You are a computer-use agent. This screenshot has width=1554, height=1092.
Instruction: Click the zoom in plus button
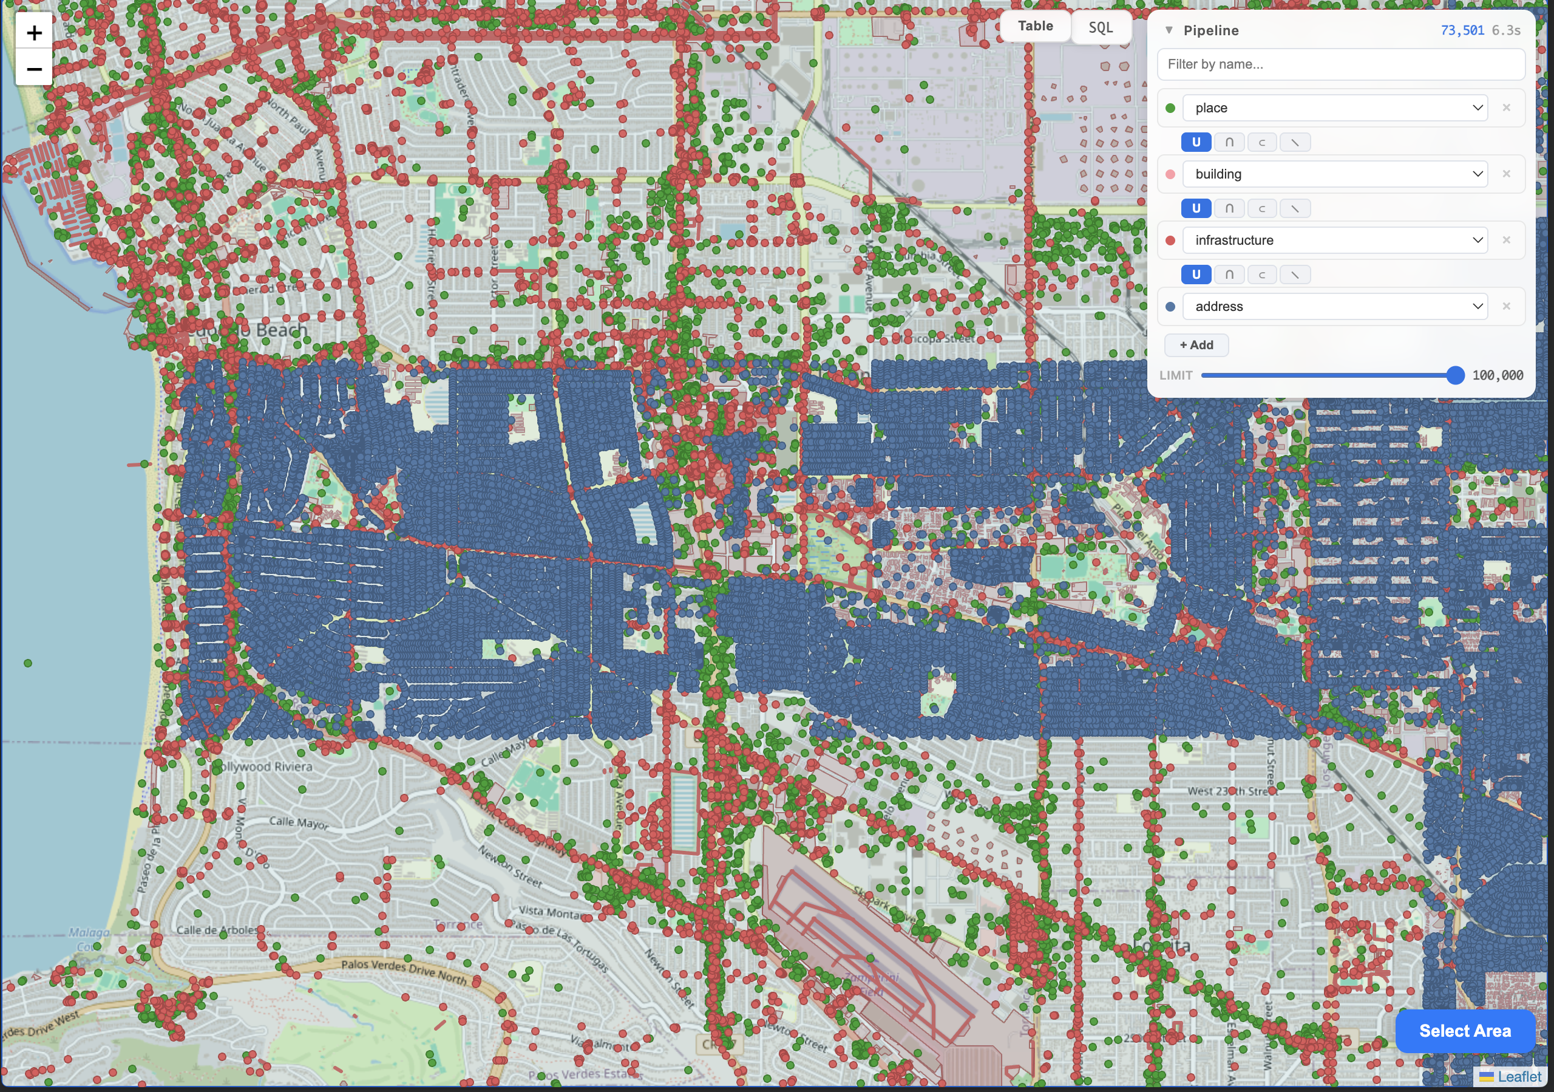coord(34,33)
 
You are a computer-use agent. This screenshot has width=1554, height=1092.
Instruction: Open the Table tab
coord(1035,26)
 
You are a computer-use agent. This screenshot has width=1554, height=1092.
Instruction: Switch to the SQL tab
coord(1100,28)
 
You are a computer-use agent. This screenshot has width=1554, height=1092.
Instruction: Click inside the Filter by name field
coord(1340,64)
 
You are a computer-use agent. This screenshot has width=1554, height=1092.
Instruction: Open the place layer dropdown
coord(1335,108)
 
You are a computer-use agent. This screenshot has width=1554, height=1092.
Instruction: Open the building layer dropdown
coord(1335,174)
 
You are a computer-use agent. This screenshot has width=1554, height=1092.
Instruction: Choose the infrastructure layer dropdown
coord(1335,241)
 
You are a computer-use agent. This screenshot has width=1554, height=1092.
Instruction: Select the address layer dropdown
coord(1335,307)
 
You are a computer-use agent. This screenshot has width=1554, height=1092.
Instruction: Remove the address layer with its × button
coord(1507,307)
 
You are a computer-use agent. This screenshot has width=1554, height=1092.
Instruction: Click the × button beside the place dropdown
coord(1507,108)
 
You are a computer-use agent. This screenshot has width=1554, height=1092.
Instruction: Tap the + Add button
coord(1196,345)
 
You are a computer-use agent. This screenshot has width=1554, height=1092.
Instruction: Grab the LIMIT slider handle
coord(1454,376)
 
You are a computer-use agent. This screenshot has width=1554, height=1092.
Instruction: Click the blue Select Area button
coord(1465,1031)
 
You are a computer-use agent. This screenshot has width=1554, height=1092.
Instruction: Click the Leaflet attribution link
coord(1519,1076)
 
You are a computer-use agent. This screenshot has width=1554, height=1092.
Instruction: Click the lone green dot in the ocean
coord(28,663)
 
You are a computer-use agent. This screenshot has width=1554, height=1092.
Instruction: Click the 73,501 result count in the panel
coord(1462,30)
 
